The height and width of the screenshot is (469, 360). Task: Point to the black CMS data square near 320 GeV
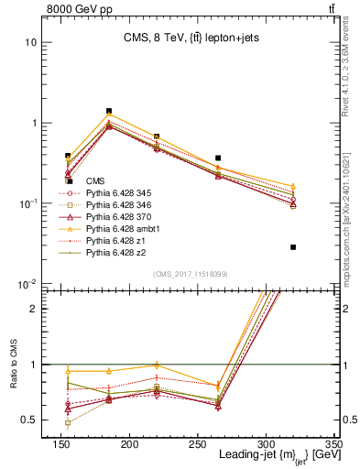pyautogui.click(x=293, y=247)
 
